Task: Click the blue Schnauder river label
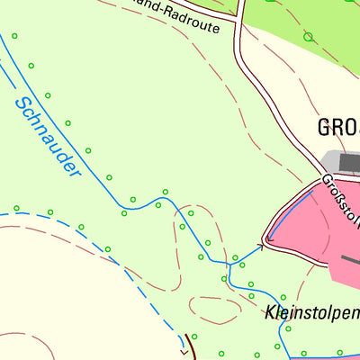coord(48,135)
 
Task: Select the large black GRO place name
coord(338,127)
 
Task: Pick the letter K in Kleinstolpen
coord(271,315)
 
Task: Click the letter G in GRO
coord(325,127)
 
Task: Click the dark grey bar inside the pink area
coord(349,260)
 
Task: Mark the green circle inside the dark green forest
coord(308,37)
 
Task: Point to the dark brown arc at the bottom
coord(190,346)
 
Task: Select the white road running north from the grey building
coord(270,99)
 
